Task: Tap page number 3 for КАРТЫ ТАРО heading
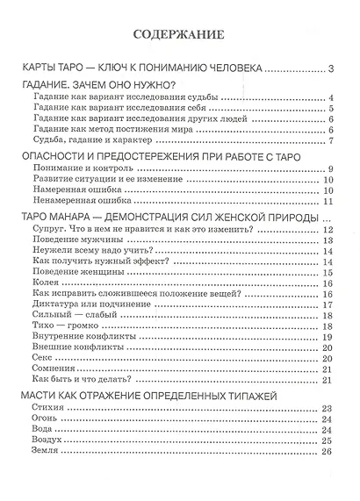click(330, 69)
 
